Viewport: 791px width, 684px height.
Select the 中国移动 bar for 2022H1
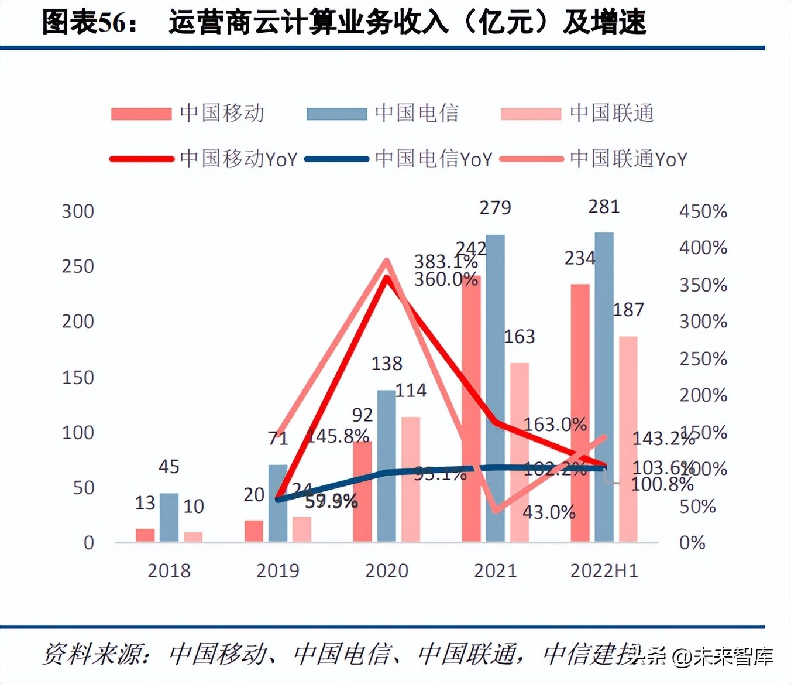pyautogui.click(x=580, y=412)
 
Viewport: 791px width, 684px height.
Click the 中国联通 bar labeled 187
pyautogui.click(x=628, y=439)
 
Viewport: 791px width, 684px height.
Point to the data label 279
pyautogui.click(x=495, y=208)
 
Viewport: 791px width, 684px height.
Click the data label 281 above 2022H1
pyautogui.click(x=604, y=207)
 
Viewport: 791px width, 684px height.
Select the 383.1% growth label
pyautogui.click(x=446, y=261)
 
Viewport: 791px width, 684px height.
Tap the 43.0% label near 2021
pyautogui.click(x=549, y=512)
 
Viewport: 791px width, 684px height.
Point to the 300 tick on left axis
pyautogui.click(x=78, y=211)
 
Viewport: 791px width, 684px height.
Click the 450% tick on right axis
pyautogui.click(x=703, y=211)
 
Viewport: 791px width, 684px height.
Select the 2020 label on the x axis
pyautogui.click(x=386, y=570)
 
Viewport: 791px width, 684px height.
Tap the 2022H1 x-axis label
pyautogui.click(x=604, y=570)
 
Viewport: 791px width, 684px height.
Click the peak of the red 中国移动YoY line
pyautogui.click(x=386, y=278)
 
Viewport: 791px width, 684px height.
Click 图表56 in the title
pyautogui.click(x=84, y=23)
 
